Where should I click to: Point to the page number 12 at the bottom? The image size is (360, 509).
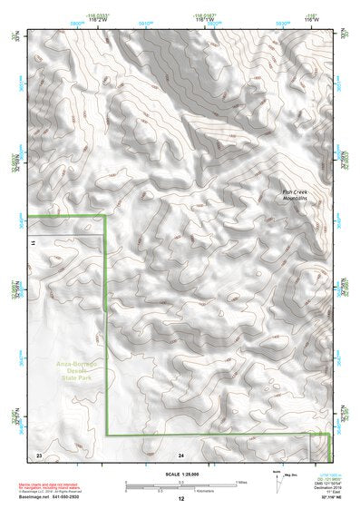[x=180, y=499]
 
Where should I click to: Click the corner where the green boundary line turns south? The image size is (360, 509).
[x=107, y=216]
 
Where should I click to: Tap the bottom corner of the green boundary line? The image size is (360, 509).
[x=108, y=436]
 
